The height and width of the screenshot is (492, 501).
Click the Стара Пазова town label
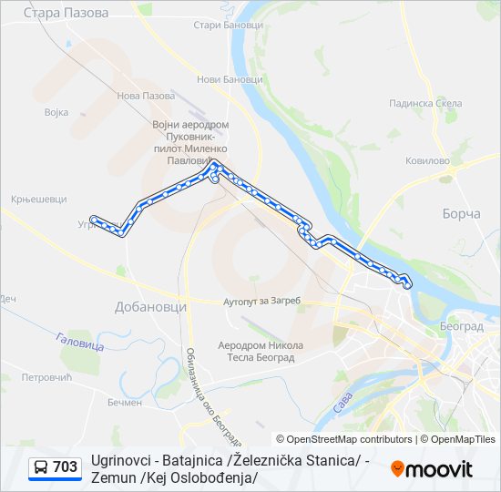66,14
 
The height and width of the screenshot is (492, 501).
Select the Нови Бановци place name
230,79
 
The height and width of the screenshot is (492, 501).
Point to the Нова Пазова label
146,96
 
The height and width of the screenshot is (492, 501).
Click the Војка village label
56,113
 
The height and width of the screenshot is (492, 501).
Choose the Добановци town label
150,307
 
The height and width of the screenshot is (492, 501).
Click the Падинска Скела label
425,104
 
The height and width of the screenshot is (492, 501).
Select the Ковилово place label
428,160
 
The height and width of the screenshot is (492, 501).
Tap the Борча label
461,213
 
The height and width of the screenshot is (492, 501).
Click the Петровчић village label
46,376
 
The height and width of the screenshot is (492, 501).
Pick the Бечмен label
125,402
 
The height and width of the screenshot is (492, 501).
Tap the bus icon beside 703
41,467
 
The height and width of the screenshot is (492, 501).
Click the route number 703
65,467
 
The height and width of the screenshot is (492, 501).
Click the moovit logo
432,469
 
